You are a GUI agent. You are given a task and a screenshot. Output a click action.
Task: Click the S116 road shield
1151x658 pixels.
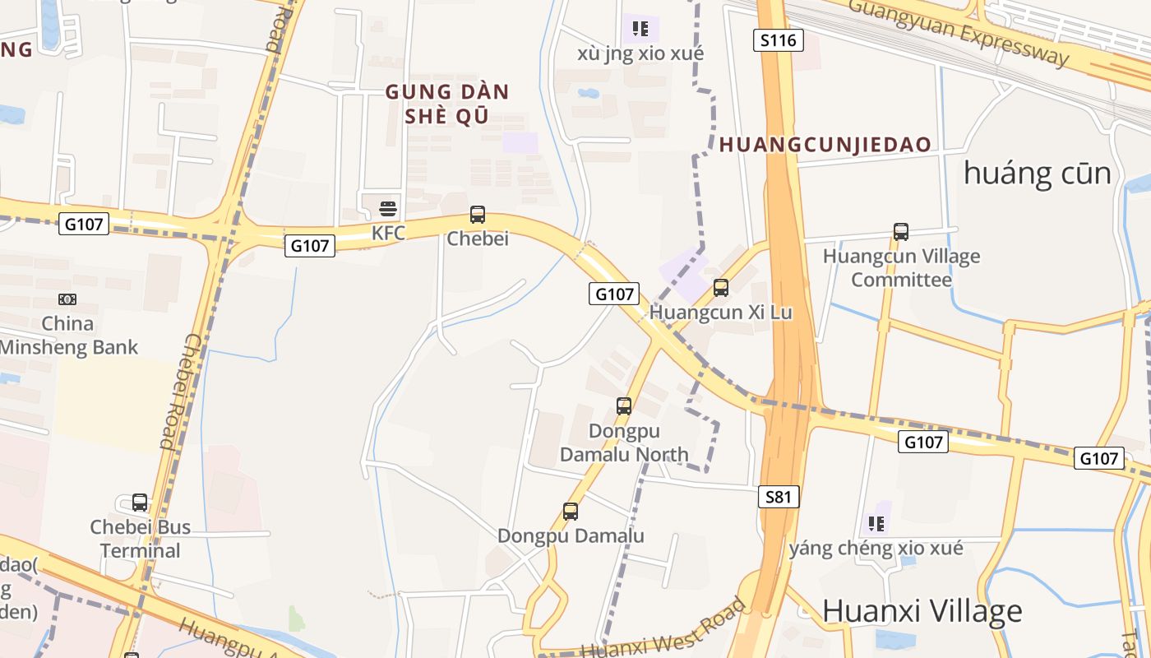click(x=778, y=40)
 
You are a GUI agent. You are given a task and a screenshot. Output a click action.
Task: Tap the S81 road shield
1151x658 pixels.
click(x=778, y=496)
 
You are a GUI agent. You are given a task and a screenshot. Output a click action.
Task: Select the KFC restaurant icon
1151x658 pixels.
click(x=388, y=209)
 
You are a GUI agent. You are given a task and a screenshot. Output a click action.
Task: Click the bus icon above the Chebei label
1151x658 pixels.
click(x=478, y=215)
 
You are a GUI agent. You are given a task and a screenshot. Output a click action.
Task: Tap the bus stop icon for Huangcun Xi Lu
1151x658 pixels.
click(x=721, y=287)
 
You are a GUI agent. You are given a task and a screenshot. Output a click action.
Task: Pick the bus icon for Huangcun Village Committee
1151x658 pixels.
click(x=901, y=232)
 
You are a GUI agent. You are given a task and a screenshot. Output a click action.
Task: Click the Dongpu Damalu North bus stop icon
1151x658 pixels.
click(x=624, y=405)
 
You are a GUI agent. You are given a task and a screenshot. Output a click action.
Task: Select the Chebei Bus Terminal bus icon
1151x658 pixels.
click(x=140, y=502)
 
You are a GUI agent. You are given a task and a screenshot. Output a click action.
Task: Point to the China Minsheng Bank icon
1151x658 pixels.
click(x=67, y=299)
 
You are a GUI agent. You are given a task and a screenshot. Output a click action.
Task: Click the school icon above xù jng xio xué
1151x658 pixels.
click(x=640, y=30)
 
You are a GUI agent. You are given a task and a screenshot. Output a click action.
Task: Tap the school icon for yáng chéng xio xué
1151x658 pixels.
click(x=876, y=523)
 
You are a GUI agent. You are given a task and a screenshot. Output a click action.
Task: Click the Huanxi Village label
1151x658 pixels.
click(x=922, y=611)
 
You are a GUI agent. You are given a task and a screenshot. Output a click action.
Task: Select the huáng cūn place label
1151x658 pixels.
click(x=1037, y=174)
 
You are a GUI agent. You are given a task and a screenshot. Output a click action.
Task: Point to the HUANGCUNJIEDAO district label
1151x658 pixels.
click(x=825, y=146)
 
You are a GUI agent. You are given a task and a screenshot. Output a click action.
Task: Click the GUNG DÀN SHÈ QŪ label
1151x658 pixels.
click(x=447, y=104)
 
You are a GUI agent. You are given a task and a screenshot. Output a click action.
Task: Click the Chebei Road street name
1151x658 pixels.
click(x=176, y=391)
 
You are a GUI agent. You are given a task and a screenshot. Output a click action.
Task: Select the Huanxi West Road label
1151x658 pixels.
click(x=664, y=628)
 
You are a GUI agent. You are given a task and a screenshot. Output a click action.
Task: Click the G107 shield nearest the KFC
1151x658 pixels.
click(x=310, y=245)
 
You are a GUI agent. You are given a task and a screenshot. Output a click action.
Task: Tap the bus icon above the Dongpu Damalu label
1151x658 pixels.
click(x=571, y=511)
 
